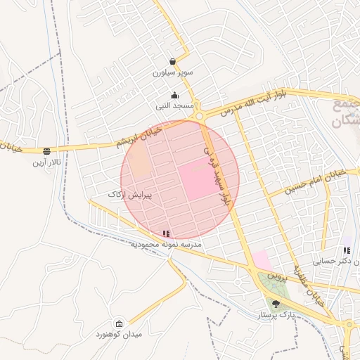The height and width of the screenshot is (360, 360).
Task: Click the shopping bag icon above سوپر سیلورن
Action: click(173, 61)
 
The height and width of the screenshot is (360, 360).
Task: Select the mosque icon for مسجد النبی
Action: click(174, 96)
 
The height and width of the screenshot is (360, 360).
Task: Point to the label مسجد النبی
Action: click(175, 105)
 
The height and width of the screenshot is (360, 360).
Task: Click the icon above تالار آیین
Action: click(47, 150)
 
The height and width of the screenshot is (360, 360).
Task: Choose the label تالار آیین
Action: click(47, 162)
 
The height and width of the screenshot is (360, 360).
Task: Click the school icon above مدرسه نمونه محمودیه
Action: click(166, 233)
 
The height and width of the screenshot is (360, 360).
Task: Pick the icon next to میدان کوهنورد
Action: click(119, 324)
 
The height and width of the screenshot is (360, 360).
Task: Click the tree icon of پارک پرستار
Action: click(275, 304)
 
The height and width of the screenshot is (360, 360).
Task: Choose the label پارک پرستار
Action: click(275, 316)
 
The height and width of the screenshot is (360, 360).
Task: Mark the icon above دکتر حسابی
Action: click(345, 250)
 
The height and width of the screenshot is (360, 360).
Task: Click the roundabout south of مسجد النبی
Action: click(200, 116)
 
